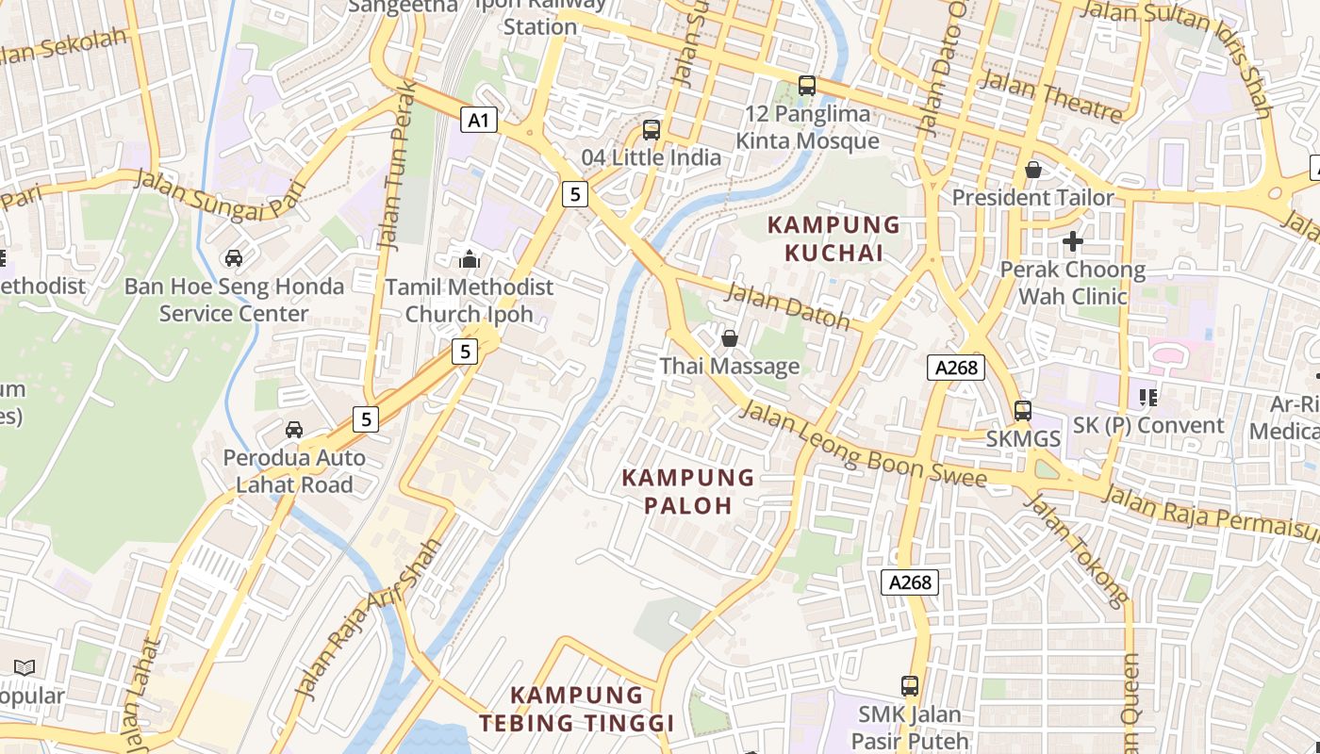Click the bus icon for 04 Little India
point(652,130)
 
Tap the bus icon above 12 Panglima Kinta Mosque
point(807,86)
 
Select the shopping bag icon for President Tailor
point(1033,171)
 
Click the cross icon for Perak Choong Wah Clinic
point(1072,241)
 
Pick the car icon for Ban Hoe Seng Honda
point(234,258)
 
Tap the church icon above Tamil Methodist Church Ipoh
point(470,259)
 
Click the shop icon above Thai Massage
point(729,338)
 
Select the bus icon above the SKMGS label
point(1023,411)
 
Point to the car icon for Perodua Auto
point(294,430)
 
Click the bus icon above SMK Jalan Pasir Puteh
point(910,686)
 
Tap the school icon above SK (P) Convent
point(1147,398)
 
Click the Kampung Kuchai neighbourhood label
point(833,239)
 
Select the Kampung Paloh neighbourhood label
point(688,491)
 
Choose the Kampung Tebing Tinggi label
point(576,710)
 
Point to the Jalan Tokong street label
point(1076,549)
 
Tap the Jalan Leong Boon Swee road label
point(863,446)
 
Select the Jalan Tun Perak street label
point(396,166)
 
